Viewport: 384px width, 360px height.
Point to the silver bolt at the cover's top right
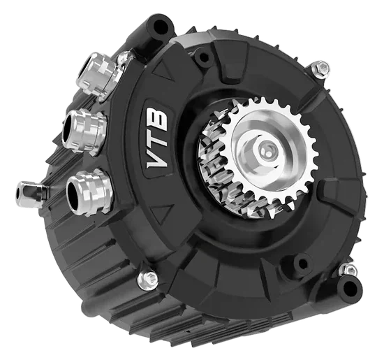coord(320,69)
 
